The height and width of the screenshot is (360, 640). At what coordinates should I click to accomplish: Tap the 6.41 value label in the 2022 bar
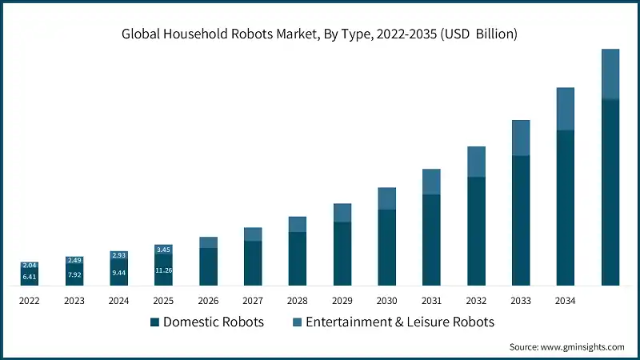click(x=30, y=277)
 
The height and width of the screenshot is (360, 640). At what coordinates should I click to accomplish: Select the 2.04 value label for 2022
click(x=30, y=265)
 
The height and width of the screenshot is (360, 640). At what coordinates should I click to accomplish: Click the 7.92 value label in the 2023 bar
click(x=74, y=275)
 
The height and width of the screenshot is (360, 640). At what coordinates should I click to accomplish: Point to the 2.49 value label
click(x=74, y=260)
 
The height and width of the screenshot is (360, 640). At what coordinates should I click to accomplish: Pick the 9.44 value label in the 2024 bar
click(x=118, y=273)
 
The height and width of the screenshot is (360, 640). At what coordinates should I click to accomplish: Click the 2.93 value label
click(x=118, y=254)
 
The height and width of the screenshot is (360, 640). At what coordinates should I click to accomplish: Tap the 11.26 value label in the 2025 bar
click(x=163, y=270)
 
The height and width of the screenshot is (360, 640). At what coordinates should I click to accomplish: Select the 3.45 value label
click(x=163, y=250)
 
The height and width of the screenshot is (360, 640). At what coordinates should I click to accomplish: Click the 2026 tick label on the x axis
click(x=208, y=301)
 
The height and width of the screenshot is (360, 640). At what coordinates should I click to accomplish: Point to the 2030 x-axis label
click(x=387, y=301)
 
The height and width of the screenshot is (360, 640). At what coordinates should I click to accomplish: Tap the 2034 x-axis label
click(x=566, y=301)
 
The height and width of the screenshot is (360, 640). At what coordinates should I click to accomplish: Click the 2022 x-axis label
click(x=30, y=301)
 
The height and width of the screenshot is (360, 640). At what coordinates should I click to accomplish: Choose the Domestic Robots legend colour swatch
click(x=154, y=322)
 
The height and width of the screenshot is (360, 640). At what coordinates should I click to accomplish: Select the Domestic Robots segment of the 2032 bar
click(x=477, y=231)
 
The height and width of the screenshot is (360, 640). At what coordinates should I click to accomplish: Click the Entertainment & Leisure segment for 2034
click(x=566, y=108)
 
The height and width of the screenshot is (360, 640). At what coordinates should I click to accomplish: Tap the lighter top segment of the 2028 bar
click(x=298, y=224)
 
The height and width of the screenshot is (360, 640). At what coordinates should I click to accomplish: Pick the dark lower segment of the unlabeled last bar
click(x=610, y=192)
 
